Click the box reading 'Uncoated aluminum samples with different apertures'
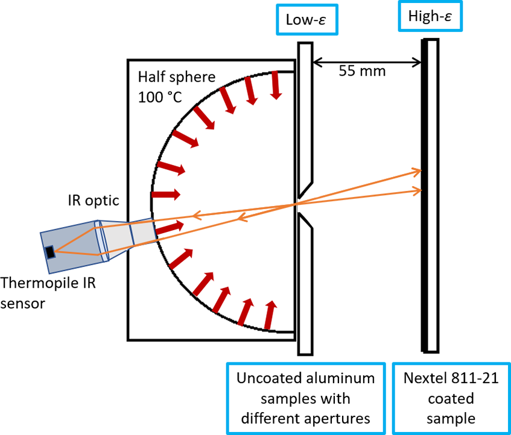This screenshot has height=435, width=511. [305, 398]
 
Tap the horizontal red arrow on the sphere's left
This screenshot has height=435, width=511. [167, 195]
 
